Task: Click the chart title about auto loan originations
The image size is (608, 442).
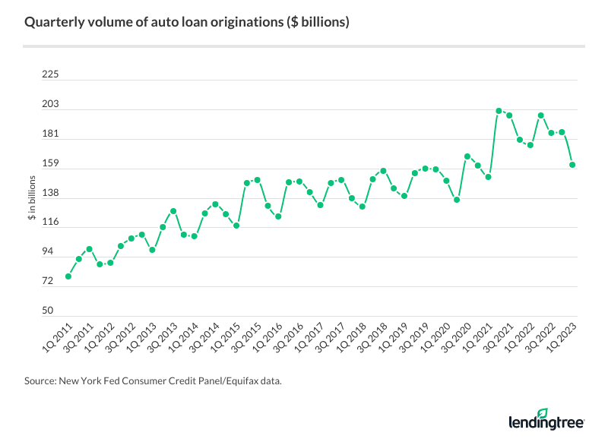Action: tap(187, 22)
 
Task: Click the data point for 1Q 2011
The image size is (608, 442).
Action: tap(68, 276)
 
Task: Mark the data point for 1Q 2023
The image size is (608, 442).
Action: tap(572, 165)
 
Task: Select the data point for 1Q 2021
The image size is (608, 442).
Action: tap(499, 111)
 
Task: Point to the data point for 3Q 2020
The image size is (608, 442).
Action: tap(467, 156)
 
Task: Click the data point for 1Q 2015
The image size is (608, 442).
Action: tap(236, 226)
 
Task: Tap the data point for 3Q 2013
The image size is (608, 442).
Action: tap(173, 210)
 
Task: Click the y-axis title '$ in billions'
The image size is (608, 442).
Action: tap(32, 197)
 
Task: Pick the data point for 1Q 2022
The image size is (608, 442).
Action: tap(540, 115)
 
